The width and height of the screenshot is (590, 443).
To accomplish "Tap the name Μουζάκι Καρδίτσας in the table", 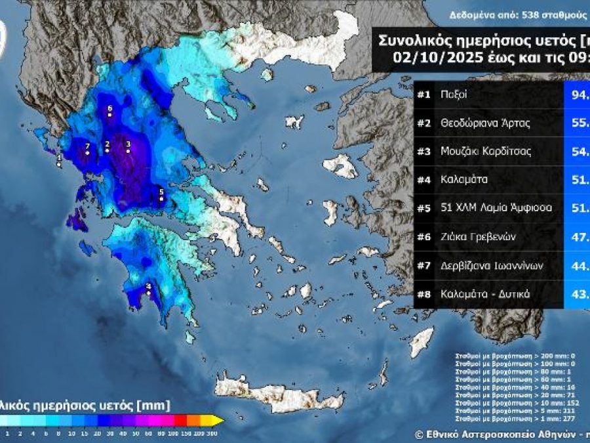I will (486, 151).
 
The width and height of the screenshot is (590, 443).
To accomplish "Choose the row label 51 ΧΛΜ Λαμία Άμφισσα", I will (496, 208).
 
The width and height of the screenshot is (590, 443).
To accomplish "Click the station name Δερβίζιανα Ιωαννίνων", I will (492, 265).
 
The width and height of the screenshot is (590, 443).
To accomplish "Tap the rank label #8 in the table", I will (423, 293).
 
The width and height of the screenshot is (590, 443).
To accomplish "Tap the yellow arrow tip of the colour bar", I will (219, 421).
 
